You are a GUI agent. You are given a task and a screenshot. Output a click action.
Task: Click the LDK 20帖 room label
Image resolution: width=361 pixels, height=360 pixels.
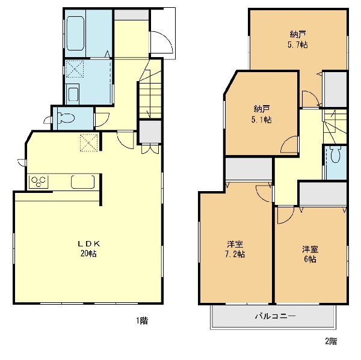click(x=88, y=248)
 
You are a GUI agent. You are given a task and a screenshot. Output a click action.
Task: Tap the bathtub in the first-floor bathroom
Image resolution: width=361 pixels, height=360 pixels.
click(x=75, y=33)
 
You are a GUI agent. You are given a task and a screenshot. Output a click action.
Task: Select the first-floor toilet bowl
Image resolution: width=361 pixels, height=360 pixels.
click(x=66, y=118)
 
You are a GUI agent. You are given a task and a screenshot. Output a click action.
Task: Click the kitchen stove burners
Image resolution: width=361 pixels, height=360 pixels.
click(x=39, y=182)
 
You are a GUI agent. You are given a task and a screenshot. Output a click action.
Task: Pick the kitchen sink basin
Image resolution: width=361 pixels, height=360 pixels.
click(x=82, y=182)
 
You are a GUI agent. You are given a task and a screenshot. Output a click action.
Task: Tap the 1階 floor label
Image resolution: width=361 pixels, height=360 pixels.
click(x=142, y=320)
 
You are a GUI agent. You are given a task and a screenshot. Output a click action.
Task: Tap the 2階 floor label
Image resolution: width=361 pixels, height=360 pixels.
click(x=331, y=341)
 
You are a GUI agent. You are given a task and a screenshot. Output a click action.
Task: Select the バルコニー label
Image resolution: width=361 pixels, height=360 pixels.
click(x=275, y=316)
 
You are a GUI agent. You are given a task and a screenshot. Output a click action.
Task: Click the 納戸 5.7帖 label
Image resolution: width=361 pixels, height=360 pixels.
click(x=298, y=39)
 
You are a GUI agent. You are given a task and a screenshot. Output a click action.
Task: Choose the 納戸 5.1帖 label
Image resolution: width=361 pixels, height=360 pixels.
click(x=262, y=114)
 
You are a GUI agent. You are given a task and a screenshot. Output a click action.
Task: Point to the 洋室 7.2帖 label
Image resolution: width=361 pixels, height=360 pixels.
click(x=235, y=249)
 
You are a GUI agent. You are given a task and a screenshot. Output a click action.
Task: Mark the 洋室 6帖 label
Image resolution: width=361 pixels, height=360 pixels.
click(x=310, y=254)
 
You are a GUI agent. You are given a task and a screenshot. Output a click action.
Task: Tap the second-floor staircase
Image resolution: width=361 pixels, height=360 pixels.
click(x=335, y=126)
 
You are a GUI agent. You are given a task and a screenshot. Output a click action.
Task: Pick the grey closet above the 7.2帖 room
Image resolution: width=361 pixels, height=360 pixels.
click(x=248, y=169)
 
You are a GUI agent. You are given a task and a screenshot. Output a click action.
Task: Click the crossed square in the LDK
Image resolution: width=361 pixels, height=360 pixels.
click(x=89, y=142)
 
